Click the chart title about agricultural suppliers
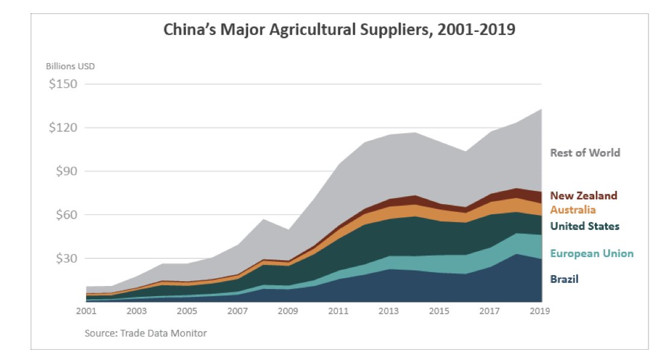click(x=339, y=29)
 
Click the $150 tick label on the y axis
click(x=63, y=84)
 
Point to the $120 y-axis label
click(x=63, y=128)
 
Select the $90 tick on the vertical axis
click(x=66, y=171)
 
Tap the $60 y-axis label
click(x=66, y=215)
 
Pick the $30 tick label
click(x=66, y=258)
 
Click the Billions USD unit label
click(x=70, y=66)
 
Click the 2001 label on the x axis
click(x=87, y=311)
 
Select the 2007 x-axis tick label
click(x=238, y=311)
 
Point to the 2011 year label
click(x=339, y=311)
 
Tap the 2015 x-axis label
click(x=440, y=311)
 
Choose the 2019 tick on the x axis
click(x=540, y=311)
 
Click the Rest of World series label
click(x=585, y=153)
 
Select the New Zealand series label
click(x=584, y=196)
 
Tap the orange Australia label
click(x=573, y=210)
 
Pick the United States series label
click(x=584, y=226)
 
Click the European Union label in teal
click(x=591, y=253)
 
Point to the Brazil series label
click(x=564, y=279)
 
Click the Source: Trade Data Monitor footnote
click(x=145, y=333)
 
